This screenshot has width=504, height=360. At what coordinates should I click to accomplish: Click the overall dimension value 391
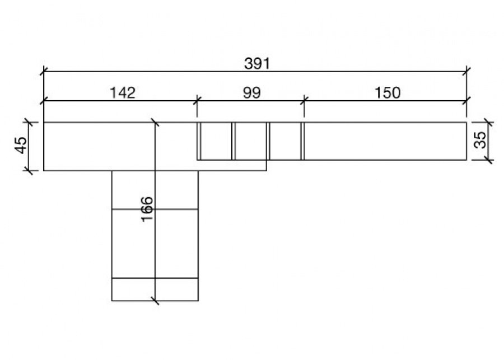pyautogui.click(x=257, y=64)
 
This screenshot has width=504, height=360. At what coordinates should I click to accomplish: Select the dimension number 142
pyautogui.click(x=123, y=92)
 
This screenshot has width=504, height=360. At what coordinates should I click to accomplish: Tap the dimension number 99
pyautogui.click(x=252, y=92)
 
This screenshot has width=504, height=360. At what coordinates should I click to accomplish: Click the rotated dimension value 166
pyautogui.click(x=147, y=208)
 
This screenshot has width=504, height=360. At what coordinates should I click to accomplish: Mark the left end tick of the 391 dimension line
pyautogui.click(x=44, y=72)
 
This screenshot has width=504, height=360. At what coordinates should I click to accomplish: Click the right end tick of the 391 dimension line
pyautogui.click(x=466, y=72)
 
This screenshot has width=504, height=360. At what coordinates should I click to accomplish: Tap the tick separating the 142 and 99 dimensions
pyautogui.click(x=197, y=101)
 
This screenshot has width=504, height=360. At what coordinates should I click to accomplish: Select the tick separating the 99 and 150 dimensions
pyautogui.click(x=304, y=101)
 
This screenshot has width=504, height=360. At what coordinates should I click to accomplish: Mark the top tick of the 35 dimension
pyautogui.click(x=486, y=121)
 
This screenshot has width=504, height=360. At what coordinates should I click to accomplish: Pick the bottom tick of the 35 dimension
pyautogui.click(x=486, y=160)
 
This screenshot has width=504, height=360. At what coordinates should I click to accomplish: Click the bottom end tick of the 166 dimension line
pyautogui.click(x=155, y=301)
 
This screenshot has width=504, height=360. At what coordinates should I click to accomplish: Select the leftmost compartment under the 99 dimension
pyautogui.click(x=216, y=141)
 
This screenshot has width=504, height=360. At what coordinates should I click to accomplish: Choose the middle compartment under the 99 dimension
pyautogui.click(x=250, y=141)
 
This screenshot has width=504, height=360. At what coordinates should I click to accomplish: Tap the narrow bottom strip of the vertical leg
pyautogui.click(x=155, y=289)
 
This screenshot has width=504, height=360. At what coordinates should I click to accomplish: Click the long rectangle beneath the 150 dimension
pyautogui.click(x=385, y=141)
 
